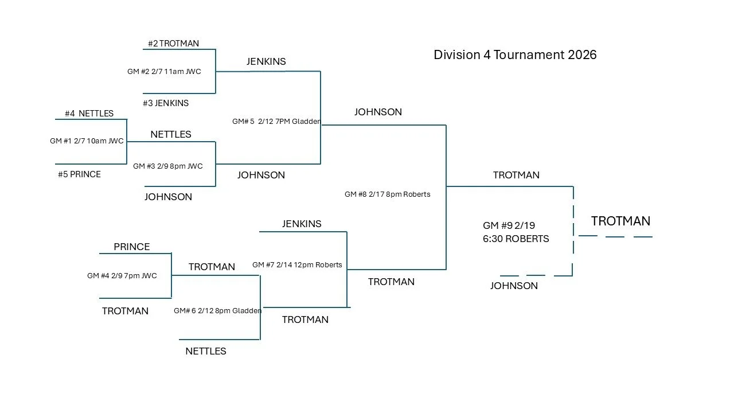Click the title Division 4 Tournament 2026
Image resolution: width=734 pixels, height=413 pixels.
515,55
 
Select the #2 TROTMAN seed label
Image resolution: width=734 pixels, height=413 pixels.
173,44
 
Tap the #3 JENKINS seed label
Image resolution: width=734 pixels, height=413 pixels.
166,103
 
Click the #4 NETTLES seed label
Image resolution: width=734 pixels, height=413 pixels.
89,114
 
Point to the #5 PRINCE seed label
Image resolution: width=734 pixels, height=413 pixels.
79,174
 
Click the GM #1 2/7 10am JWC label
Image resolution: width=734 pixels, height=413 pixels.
87,141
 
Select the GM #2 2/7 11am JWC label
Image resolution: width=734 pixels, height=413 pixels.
164,72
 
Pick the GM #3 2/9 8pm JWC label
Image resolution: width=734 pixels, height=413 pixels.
168,166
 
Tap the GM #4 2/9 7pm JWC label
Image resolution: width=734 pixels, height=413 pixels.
122,276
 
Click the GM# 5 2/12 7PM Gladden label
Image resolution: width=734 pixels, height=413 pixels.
276,122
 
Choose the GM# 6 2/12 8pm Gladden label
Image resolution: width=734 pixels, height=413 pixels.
218,311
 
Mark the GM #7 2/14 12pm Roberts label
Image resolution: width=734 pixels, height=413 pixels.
297,265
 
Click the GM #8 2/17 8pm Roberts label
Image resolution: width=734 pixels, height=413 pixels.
387,194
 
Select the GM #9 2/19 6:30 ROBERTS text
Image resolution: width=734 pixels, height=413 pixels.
516,232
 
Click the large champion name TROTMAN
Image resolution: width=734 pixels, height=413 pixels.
620,221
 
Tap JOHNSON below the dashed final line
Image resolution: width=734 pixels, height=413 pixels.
514,286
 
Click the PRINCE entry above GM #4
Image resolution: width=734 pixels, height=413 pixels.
132,247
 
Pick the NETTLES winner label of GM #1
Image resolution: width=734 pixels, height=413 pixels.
171,134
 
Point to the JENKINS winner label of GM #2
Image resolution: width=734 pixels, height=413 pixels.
266,61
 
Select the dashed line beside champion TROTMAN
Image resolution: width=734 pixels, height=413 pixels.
615,236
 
